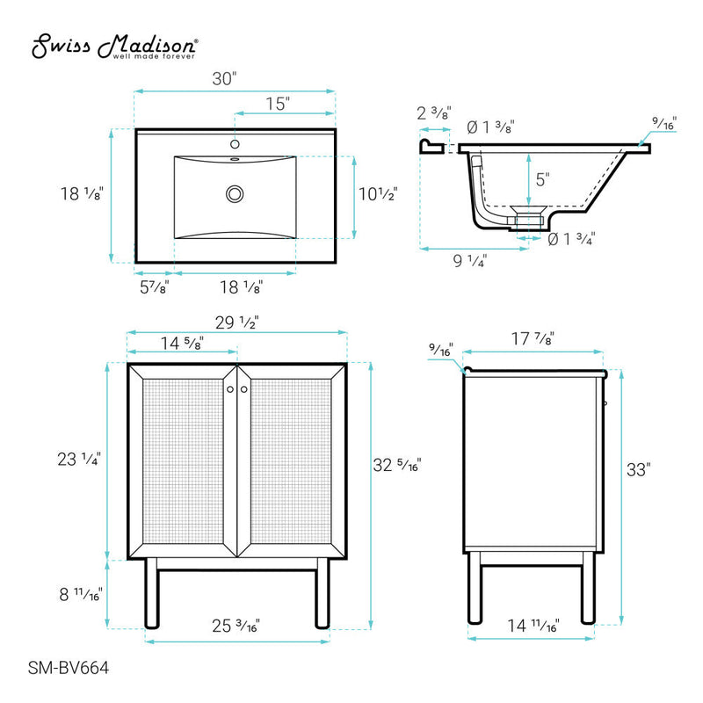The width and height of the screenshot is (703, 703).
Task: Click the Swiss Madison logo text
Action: pos(115,45)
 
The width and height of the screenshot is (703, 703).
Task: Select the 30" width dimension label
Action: pos(226,78)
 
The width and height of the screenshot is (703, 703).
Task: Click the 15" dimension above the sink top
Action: pos(278,104)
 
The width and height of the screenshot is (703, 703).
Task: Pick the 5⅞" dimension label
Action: pos(154,286)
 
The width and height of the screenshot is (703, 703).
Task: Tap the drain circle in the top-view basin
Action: pos(235,193)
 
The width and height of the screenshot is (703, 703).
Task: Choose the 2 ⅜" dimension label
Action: pos(434,112)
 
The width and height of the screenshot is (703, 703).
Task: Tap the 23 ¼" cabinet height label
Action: pos(80,458)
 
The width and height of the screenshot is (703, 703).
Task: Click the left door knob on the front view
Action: pos(229,388)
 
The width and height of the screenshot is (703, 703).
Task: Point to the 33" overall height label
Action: pos(643,470)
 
